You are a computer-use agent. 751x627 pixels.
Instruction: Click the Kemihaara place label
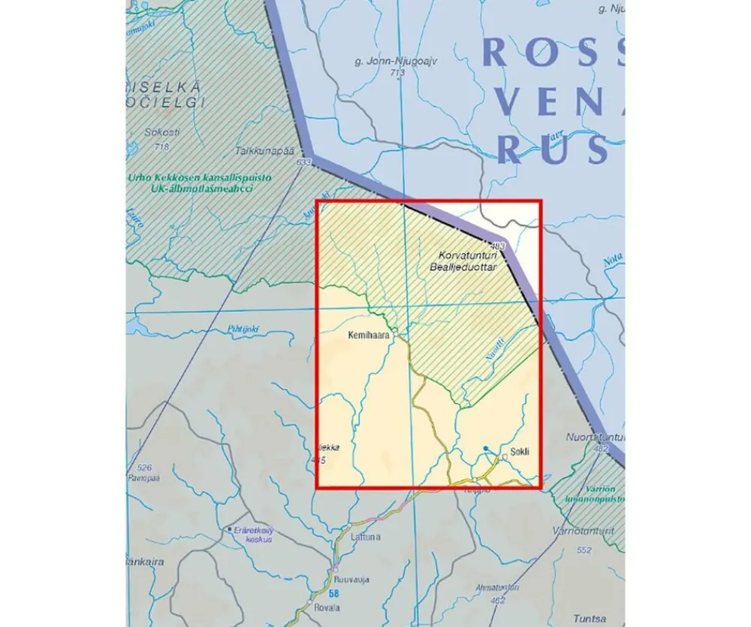coord(369,337)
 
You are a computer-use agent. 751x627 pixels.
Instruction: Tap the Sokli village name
coord(520,452)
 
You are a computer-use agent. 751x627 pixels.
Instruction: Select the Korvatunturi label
coord(464,256)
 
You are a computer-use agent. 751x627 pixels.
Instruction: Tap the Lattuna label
coord(366,537)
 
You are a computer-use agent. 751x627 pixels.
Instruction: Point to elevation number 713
coord(397,73)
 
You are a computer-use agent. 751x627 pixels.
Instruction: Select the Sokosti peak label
coord(162,132)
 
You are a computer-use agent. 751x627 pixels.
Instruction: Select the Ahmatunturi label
coord(496,589)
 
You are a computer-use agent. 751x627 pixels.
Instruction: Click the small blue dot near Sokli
coord(486,449)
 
